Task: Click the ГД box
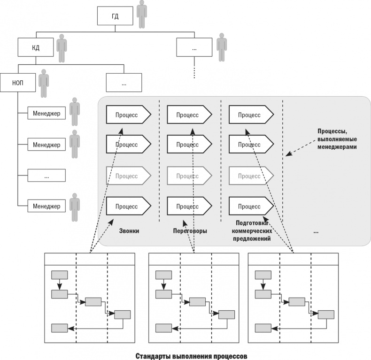click(x=115, y=16)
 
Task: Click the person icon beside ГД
click(x=141, y=14)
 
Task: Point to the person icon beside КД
click(x=62, y=47)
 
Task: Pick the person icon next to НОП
click(x=44, y=83)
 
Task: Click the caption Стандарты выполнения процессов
click(x=190, y=355)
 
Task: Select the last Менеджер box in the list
click(x=46, y=206)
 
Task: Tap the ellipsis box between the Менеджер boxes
click(x=46, y=176)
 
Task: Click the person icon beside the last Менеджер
click(x=74, y=206)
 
